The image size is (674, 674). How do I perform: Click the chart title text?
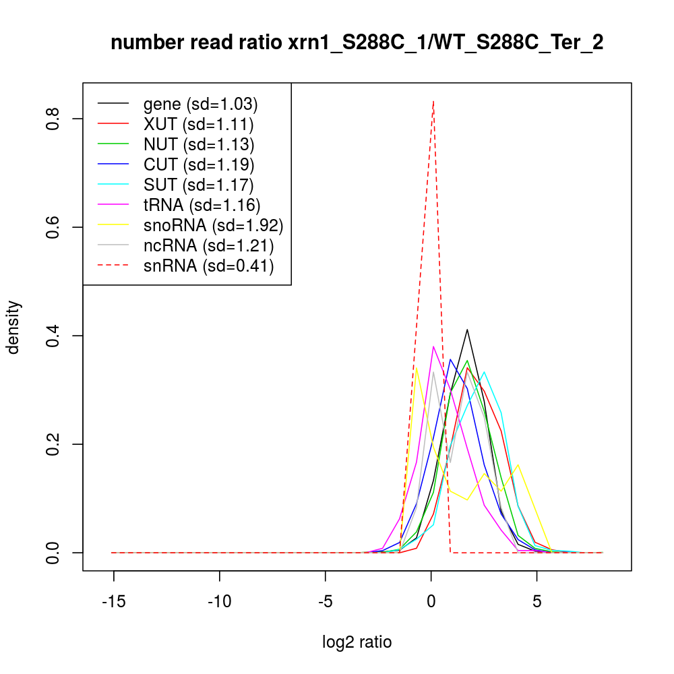point(357,43)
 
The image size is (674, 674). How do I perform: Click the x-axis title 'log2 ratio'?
point(357,642)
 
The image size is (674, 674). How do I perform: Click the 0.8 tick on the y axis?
point(54,119)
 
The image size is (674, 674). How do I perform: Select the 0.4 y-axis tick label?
point(54,336)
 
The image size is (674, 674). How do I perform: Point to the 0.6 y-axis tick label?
point(54,228)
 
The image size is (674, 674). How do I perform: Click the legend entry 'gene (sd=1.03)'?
point(200,104)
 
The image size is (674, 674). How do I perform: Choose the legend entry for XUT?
point(198,124)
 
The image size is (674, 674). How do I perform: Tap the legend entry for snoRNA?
point(213,225)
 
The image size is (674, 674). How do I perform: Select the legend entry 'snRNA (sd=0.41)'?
point(208,266)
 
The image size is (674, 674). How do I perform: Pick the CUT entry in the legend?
point(199,164)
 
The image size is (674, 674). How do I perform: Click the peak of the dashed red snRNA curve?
point(433,101)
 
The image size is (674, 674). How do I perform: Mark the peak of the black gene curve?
point(466,330)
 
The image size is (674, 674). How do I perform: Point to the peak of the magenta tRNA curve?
point(433,346)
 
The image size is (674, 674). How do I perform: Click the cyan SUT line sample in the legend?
point(113,185)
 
